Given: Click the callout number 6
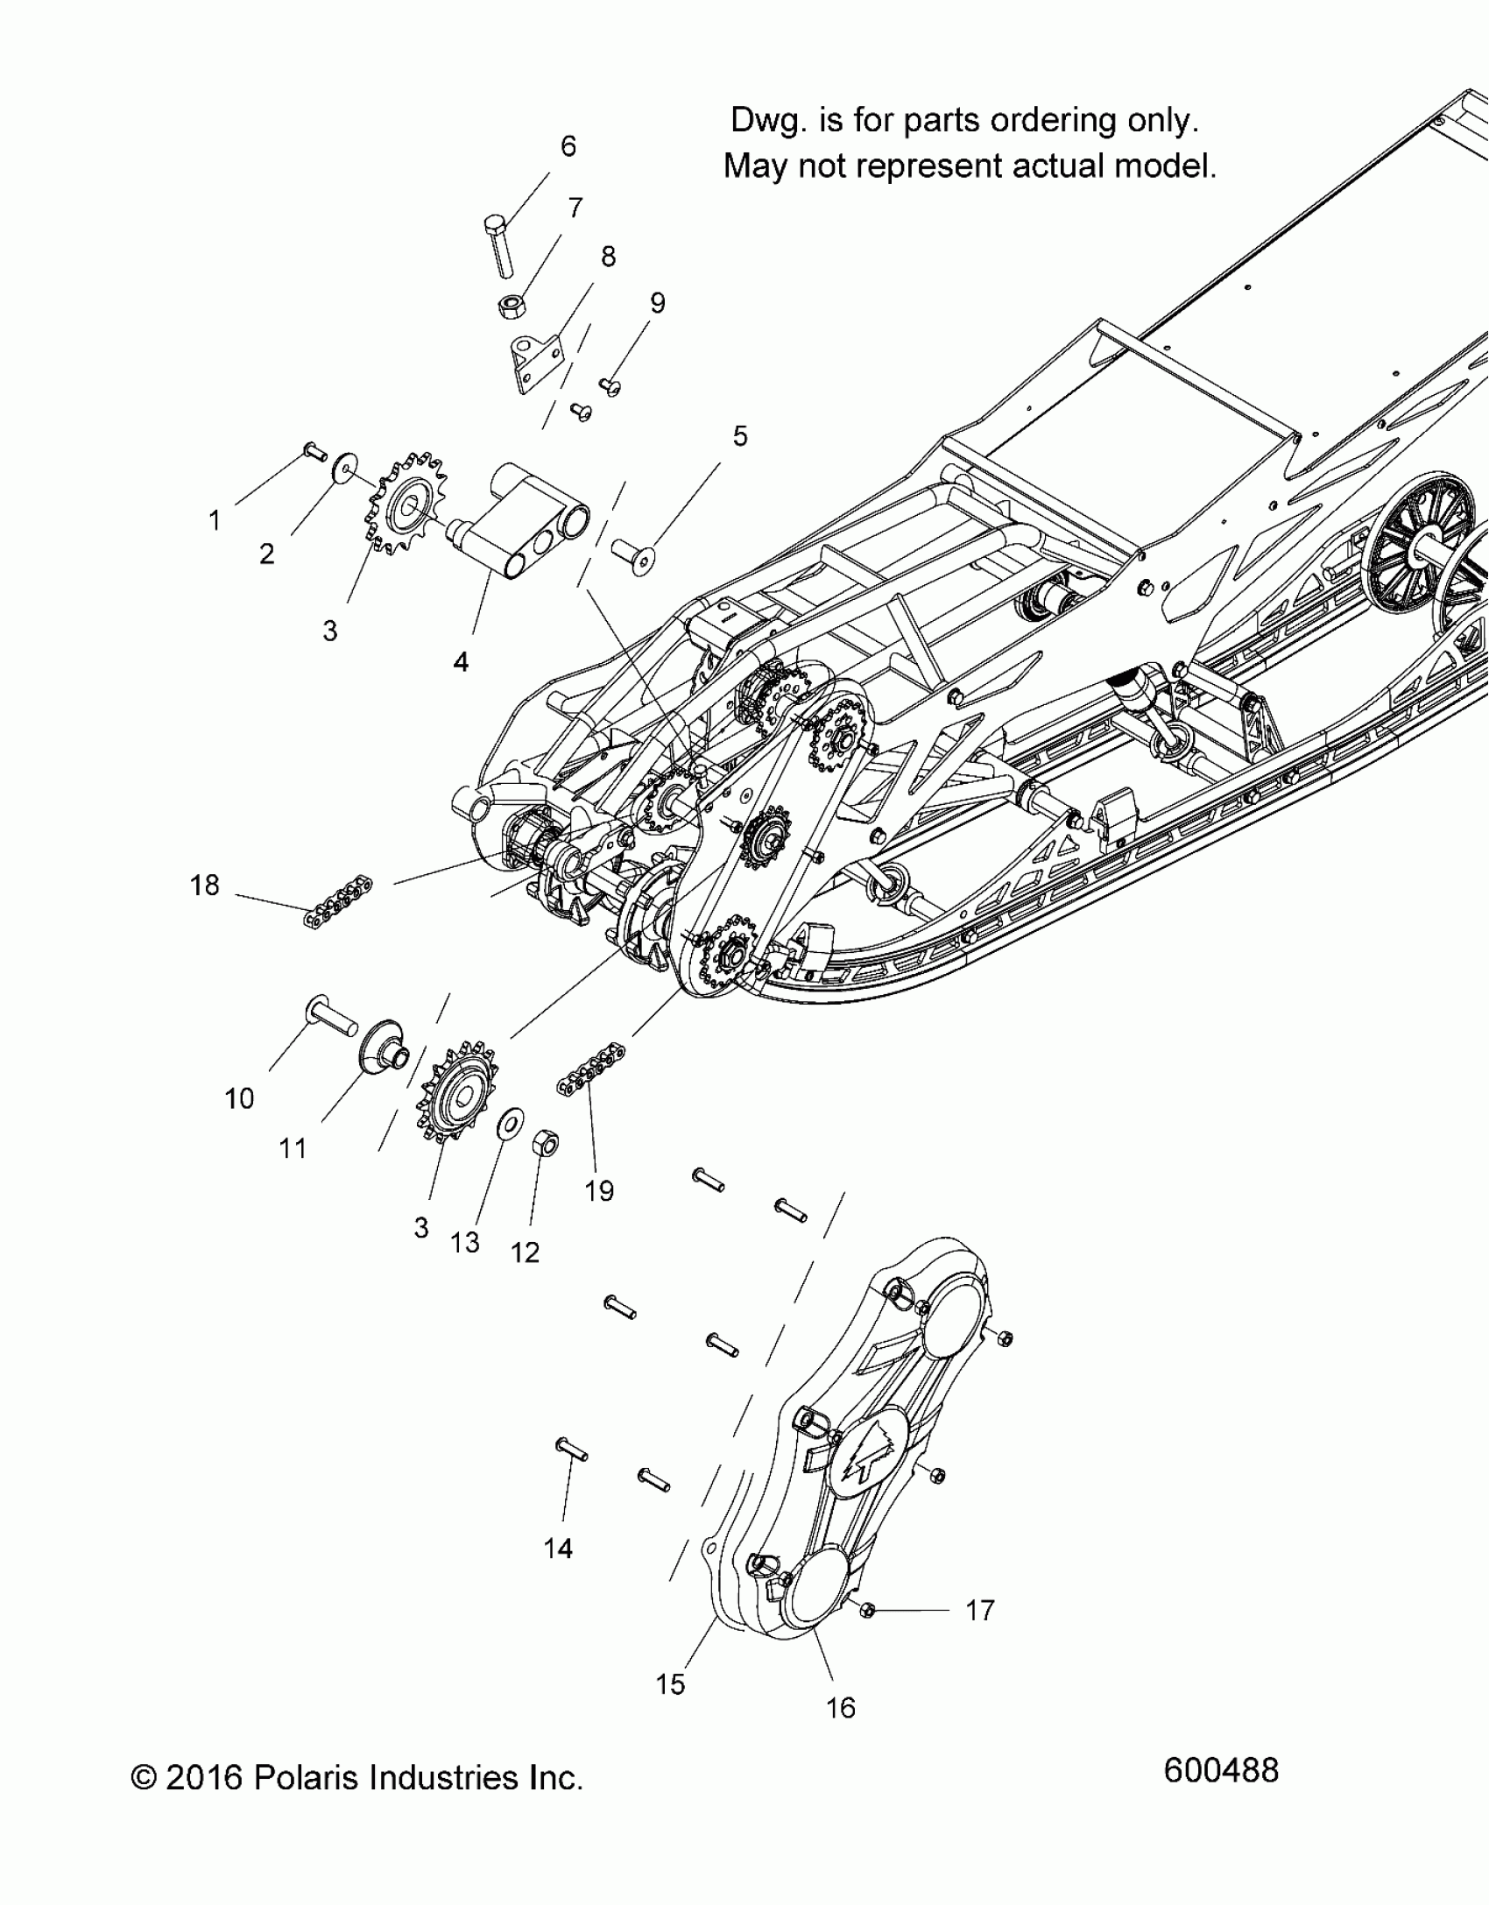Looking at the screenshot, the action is (x=568, y=146).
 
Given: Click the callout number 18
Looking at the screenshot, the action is (x=205, y=885).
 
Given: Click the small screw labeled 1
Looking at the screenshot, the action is (x=313, y=451).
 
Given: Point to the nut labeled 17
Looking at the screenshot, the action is (x=868, y=1611).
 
